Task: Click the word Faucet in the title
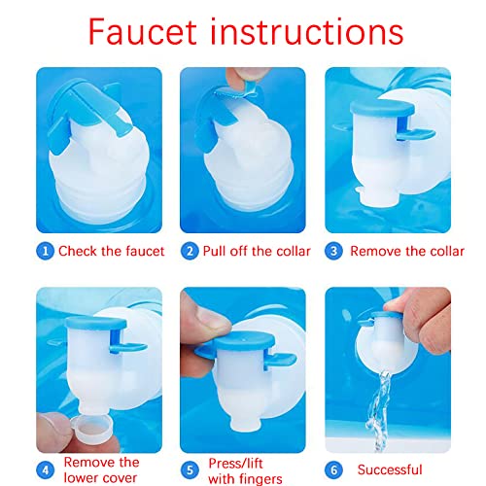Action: (x=142, y=32)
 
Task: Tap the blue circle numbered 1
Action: (x=45, y=252)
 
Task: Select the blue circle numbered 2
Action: (x=190, y=252)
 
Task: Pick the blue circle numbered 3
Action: (x=333, y=252)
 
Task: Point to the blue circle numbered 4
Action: (x=45, y=470)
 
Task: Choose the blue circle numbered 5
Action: (x=190, y=470)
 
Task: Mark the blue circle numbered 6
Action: (x=333, y=470)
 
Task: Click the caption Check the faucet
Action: (x=111, y=251)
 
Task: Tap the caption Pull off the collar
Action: (x=257, y=251)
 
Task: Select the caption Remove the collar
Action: (x=407, y=251)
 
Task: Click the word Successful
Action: (x=390, y=469)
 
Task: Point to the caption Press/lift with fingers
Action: (x=245, y=471)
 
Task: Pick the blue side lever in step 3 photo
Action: (x=416, y=134)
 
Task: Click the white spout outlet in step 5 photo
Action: (x=245, y=422)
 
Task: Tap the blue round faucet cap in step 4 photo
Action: (x=96, y=323)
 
